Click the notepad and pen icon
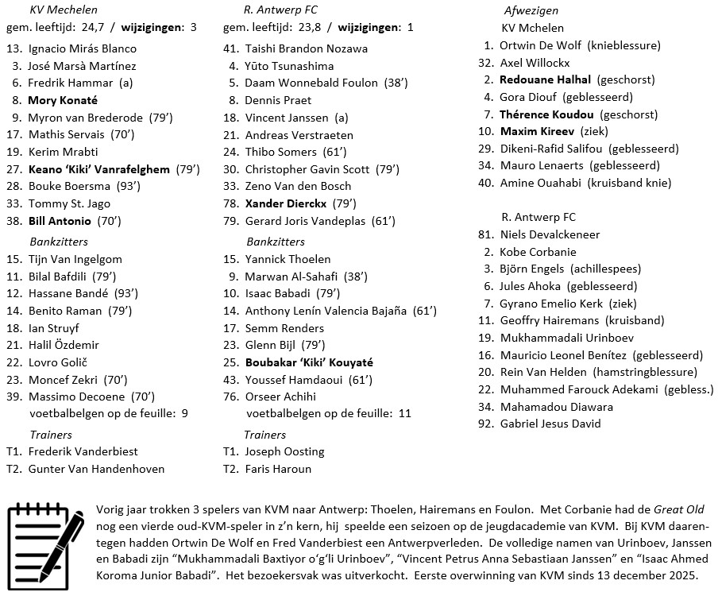pos(45,540)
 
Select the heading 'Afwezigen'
pos(531,11)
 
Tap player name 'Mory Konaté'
pos(63,100)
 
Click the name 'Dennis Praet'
pos(278,100)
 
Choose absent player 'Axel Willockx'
pos(535,63)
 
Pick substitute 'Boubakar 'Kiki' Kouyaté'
pos(309,362)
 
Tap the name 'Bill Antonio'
pos(60,221)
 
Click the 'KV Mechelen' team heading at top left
pos(64,10)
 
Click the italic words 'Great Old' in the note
pos(678,509)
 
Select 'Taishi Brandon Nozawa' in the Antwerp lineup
pos(307,48)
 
